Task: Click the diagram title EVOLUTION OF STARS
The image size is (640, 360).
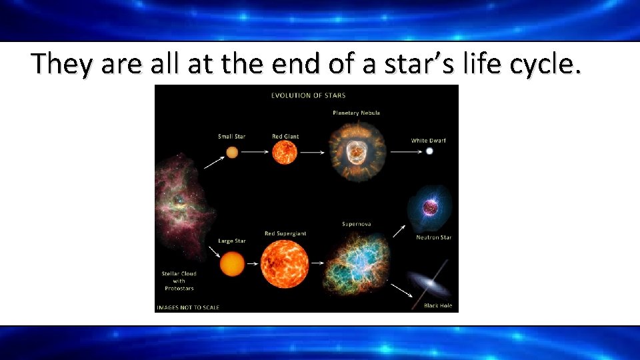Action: tap(308, 95)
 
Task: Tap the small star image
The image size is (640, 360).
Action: tap(232, 152)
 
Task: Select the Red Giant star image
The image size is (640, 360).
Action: tap(285, 152)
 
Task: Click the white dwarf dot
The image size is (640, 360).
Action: tap(429, 151)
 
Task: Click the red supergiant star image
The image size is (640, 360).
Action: tap(285, 264)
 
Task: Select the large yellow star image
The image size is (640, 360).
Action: tap(231, 263)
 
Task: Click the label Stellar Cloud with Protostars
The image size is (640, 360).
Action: tap(179, 281)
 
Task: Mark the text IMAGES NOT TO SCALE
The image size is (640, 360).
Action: tap(188, 307)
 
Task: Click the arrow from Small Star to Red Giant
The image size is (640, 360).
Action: tap(253, 152)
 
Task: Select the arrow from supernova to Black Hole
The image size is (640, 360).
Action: tap(401, 290)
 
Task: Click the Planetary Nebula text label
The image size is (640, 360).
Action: tap(356, 113)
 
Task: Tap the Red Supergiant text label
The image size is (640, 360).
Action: tap(285, 233)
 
